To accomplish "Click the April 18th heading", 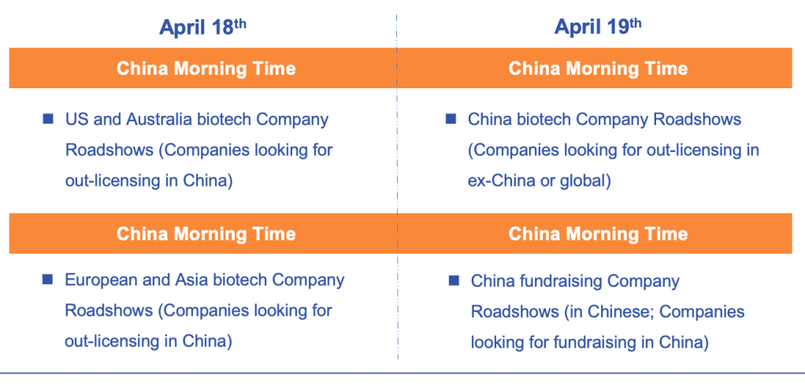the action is [x=202, y=27].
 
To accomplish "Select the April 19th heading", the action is [x=598, y=27].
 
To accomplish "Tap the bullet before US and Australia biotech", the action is [x=48, y=119].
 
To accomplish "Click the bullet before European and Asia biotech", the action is [x=48, y=279].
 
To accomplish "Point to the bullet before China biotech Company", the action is [x=451, y=119].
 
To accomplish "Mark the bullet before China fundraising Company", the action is [x=454, y=280].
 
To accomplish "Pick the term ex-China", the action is [x=502, y=182].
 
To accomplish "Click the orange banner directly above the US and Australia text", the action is [x=202, y=69].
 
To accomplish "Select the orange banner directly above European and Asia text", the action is [x=202, y=233].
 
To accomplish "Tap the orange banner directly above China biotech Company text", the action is [x=595, y=69].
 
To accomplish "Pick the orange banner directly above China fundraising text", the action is [x=595, y=233].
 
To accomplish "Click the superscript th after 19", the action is [x=636, y=23].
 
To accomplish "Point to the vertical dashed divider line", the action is [x=397, y=187].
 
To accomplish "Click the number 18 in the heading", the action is [x=223, y=28].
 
